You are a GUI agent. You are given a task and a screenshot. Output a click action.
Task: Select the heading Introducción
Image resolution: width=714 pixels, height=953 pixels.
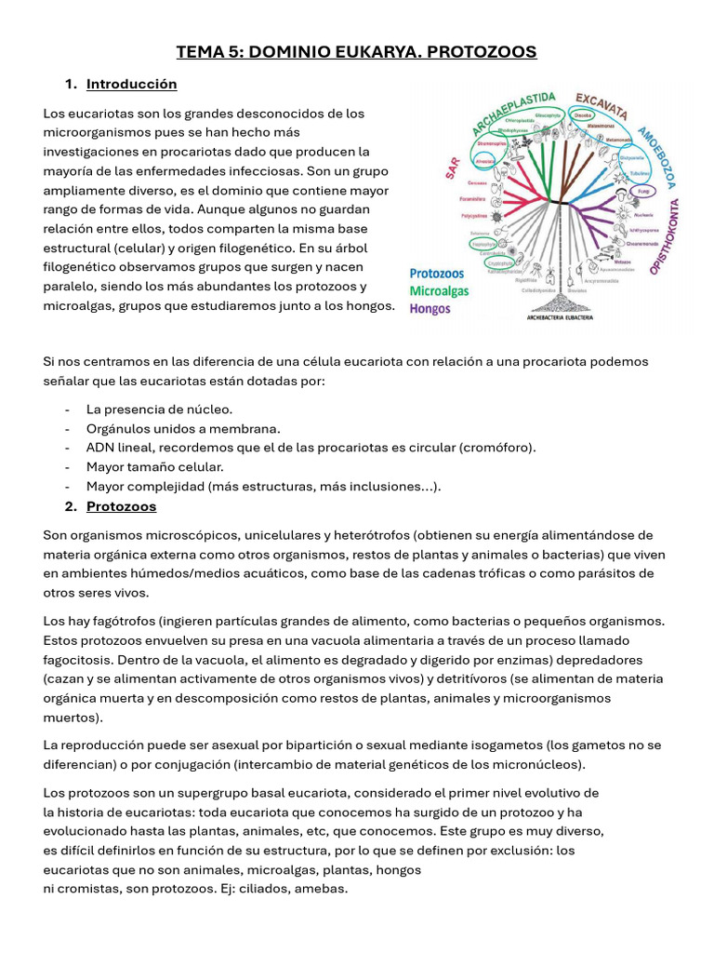click(131, 85)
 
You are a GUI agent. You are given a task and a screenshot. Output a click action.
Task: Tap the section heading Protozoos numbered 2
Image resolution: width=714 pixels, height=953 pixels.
click(121, 507)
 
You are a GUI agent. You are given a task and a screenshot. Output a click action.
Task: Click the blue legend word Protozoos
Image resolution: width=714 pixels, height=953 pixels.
click(437, 275)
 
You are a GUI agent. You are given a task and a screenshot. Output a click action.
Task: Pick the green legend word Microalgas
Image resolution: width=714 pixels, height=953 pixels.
click(440, 291)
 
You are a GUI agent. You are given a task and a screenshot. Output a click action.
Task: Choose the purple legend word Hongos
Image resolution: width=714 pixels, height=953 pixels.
click(430, 308)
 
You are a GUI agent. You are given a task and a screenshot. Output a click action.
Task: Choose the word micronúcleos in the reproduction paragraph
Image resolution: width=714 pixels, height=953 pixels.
click(540, 765)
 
